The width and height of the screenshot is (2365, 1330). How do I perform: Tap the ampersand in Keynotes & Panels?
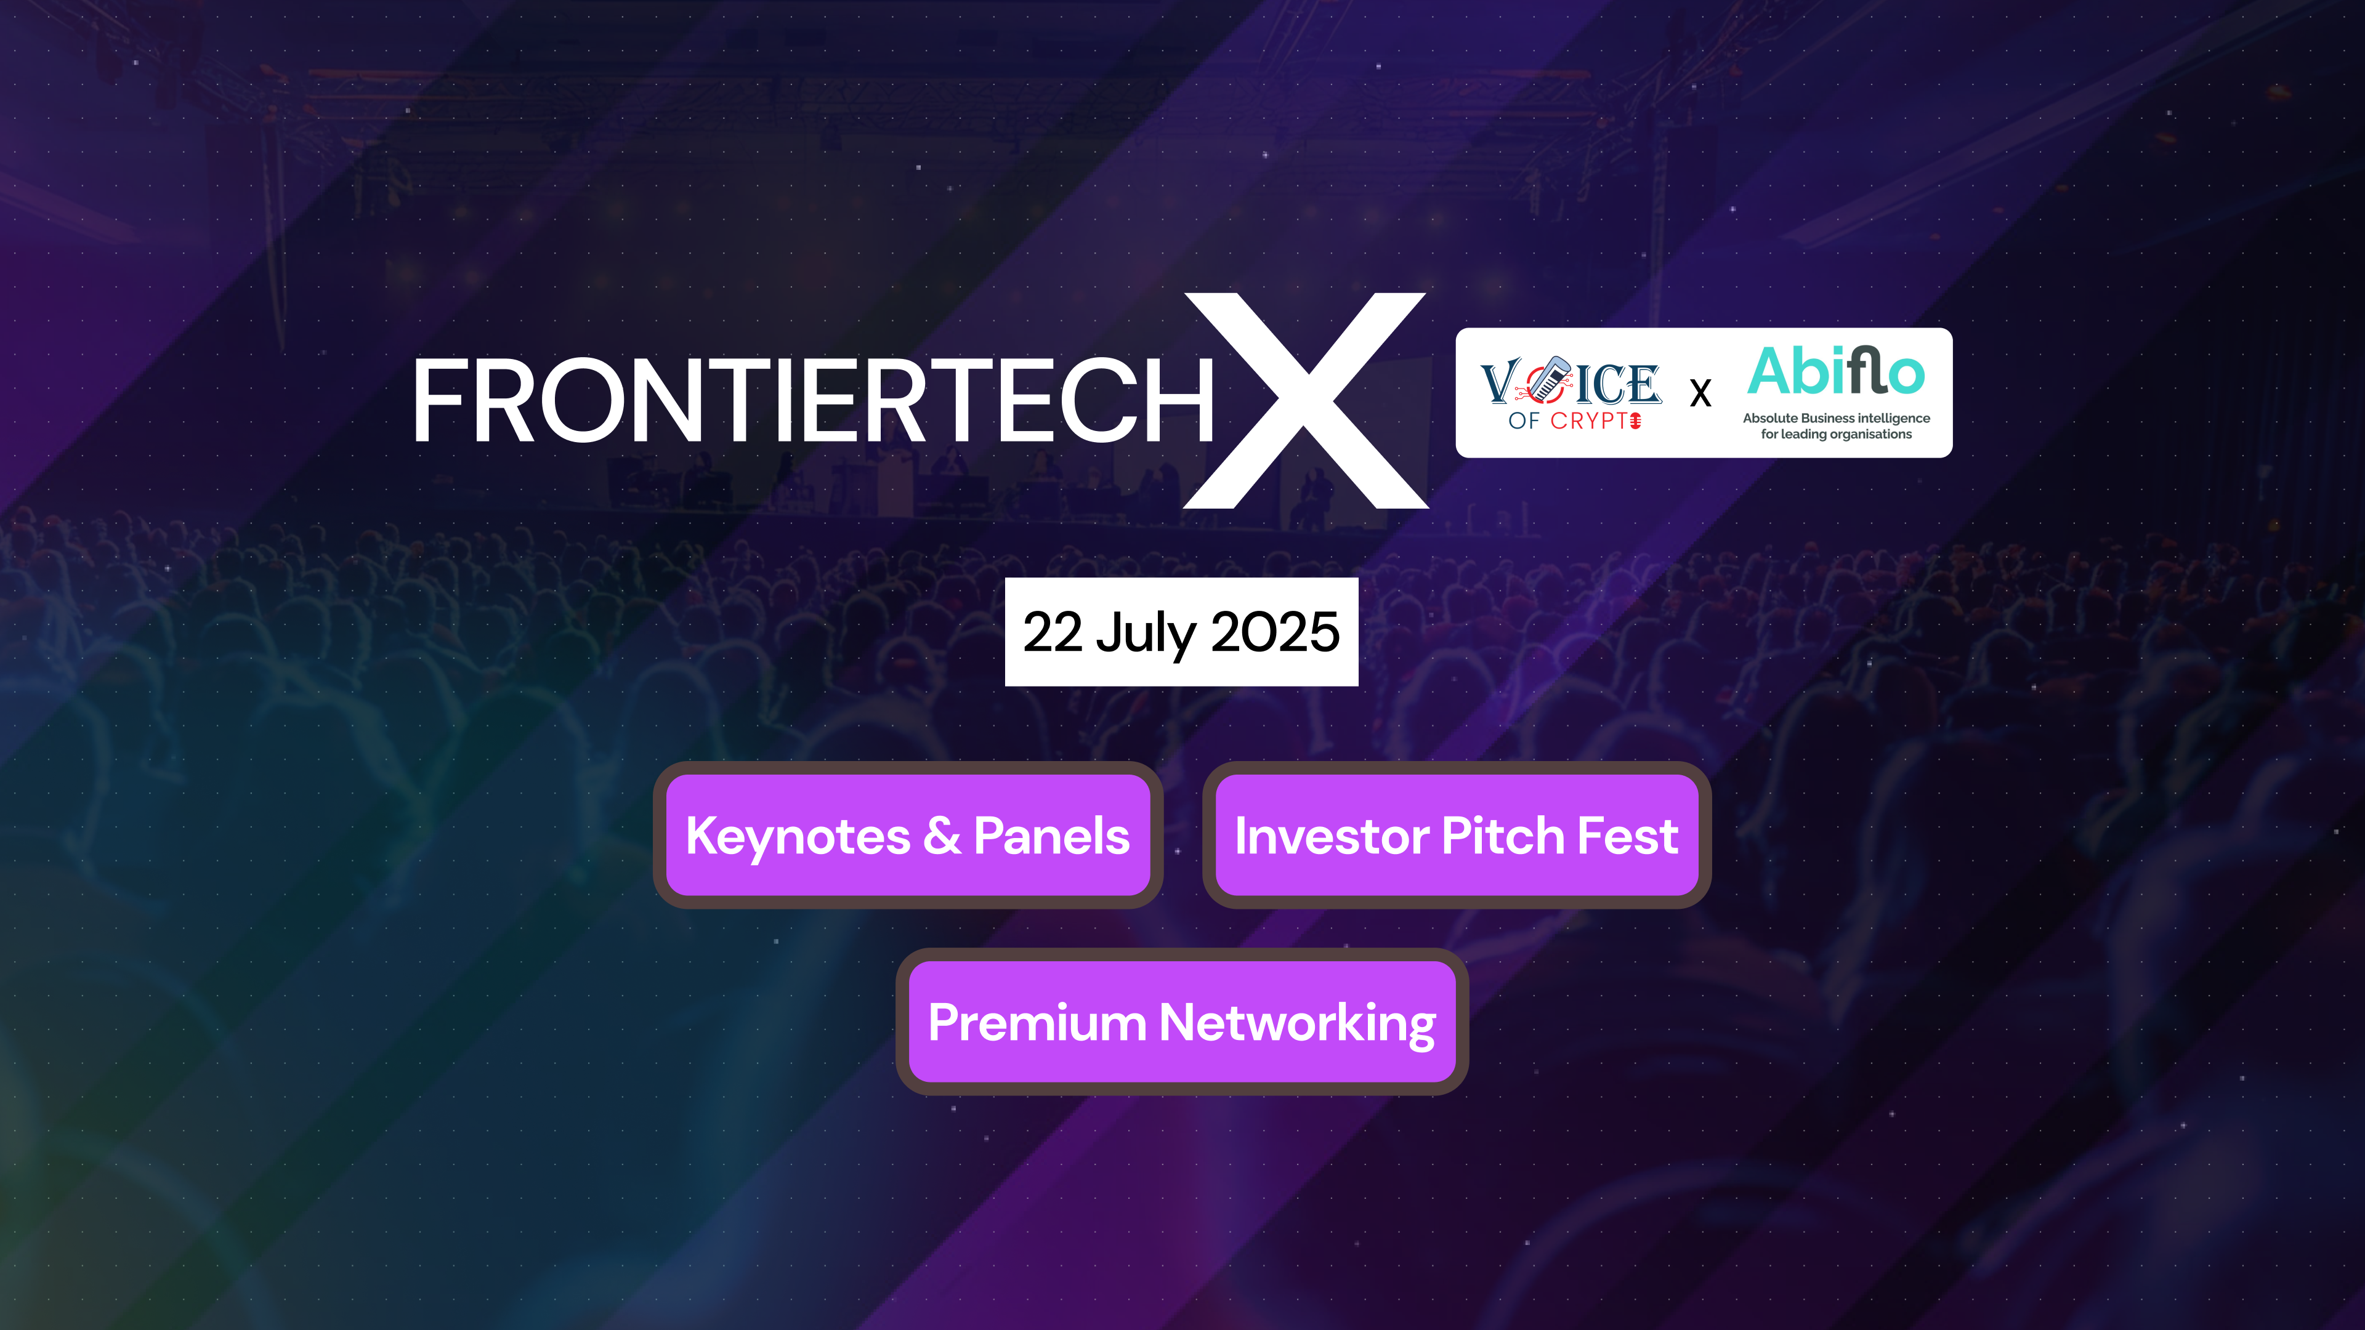[942, 836]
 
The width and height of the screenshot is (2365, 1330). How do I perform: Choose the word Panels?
[1051, 836]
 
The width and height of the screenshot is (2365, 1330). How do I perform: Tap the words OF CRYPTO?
[1575, 421]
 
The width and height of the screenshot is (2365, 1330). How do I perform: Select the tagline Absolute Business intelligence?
[1836, 419]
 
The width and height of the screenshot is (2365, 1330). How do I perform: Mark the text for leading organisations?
[1836, 434]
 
